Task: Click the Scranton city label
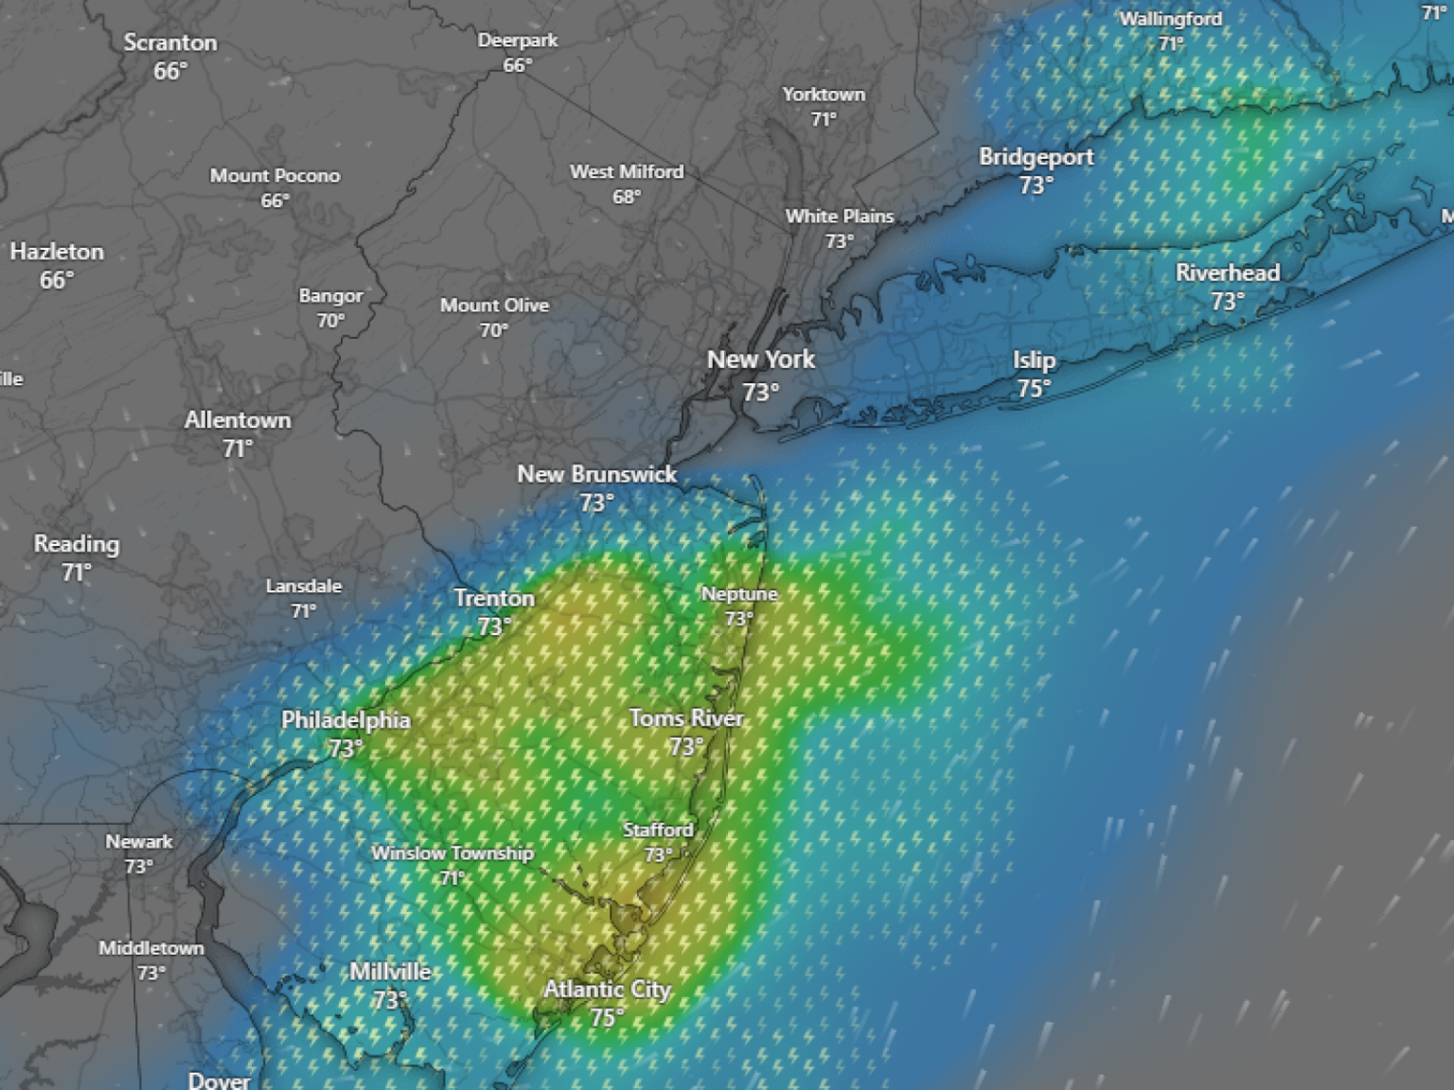pyautogui.click(x=170, y=43)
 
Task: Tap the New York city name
pyautogui.click(x=760, y=360)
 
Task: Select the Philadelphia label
pyautogui.click(x=346, y=720)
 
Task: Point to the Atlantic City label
pyautogui.click(x=607, y=990)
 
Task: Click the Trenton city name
pyautogui.click(x=494, y=598)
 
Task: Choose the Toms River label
pyautogui.click(x=686, y=718)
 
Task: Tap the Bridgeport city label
pyautogui.click(x=1036, y=157)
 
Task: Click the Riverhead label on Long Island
pyautogui.click(x=1227, y=273)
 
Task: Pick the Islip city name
pyautogui.click(x=1034, y=360)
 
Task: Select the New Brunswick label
pyautogui.click(x=596, y=474)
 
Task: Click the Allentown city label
pyautogui.click(x=238, y=420)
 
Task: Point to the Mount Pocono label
pyautogui.click(x=275, y=176)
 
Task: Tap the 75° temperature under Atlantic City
pyautogui.click(x=607, y=1018)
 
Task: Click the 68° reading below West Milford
pyautogui.click(x=627, y=197)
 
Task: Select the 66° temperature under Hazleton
pyautogui.click(x=57, y=280)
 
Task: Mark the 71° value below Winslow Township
pyautogui.click(x=452, y=878)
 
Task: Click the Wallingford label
pyautogui.click(x=1170, y=19)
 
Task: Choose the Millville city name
pyautogui.click(x=390, y=972)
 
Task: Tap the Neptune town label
pyautogui.click(x=739, y=594)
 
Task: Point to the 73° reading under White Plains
pyautogui.click(x=840, y=241)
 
